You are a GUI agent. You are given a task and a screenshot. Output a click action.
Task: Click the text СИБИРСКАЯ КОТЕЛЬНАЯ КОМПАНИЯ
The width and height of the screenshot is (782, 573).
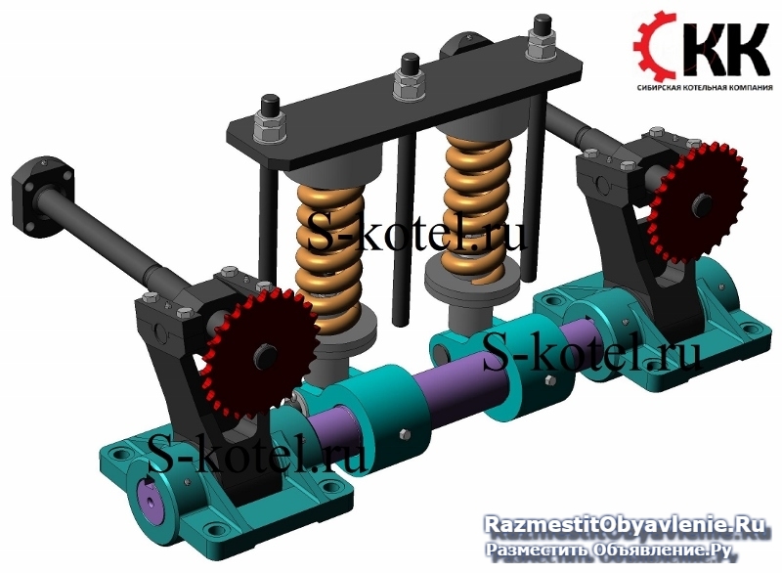click(x=704, y=87)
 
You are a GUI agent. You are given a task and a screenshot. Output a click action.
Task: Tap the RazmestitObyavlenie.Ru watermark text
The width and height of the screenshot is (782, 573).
click(x=625, y=525)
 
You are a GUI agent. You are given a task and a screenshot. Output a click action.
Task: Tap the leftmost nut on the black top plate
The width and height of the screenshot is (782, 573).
click(x=270, y=126)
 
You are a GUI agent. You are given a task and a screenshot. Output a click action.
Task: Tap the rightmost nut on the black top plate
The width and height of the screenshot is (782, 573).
click(x=541, y=46)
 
